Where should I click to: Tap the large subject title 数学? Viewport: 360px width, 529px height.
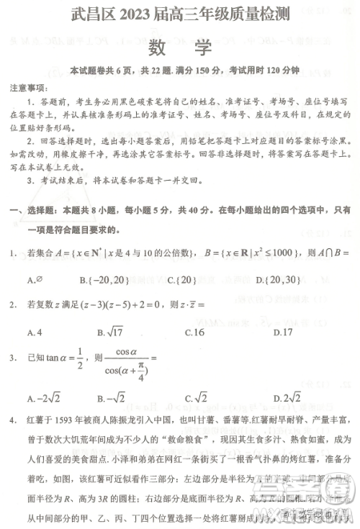point(180,48)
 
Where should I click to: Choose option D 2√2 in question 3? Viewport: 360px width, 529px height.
point(287,397)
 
